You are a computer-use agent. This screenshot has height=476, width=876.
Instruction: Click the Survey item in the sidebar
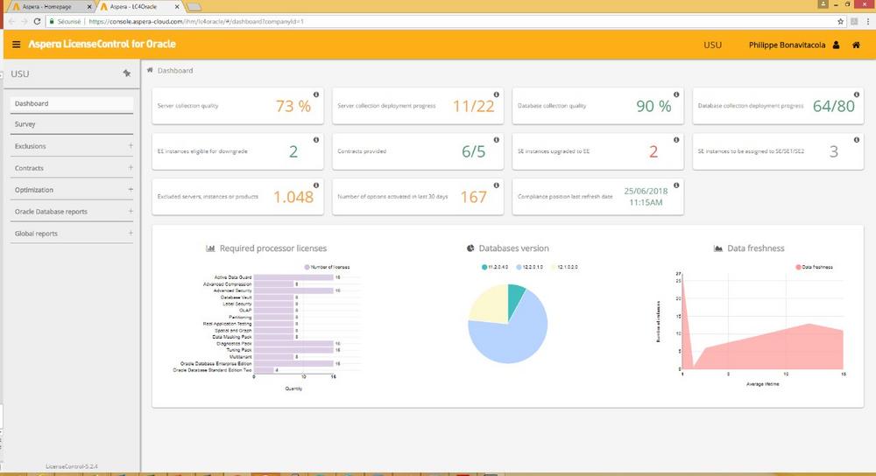point(25,124)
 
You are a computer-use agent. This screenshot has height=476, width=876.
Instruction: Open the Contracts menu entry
point(30,168)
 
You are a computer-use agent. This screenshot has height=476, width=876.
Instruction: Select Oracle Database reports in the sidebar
point(51,212)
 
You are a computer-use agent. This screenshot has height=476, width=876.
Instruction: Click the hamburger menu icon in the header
point(16,44)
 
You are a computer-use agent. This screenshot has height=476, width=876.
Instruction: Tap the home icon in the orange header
point(856,45)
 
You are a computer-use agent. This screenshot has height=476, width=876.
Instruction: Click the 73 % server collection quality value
point(293,106)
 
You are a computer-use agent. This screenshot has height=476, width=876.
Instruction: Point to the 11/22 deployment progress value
point(474,106)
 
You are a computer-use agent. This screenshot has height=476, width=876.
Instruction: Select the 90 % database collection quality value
point(653,106)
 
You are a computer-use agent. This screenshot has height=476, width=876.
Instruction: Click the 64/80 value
point(833,106)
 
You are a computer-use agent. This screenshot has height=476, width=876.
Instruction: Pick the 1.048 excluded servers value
point(293,197)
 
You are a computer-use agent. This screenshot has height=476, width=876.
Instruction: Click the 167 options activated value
point(473,197)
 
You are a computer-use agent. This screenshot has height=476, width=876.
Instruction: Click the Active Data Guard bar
point(293,277)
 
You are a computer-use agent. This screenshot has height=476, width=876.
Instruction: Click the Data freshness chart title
point(756,248)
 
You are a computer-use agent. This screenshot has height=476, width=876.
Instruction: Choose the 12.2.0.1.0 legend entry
point(538,266)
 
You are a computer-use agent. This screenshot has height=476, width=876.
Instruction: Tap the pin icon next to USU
point(126,73)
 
